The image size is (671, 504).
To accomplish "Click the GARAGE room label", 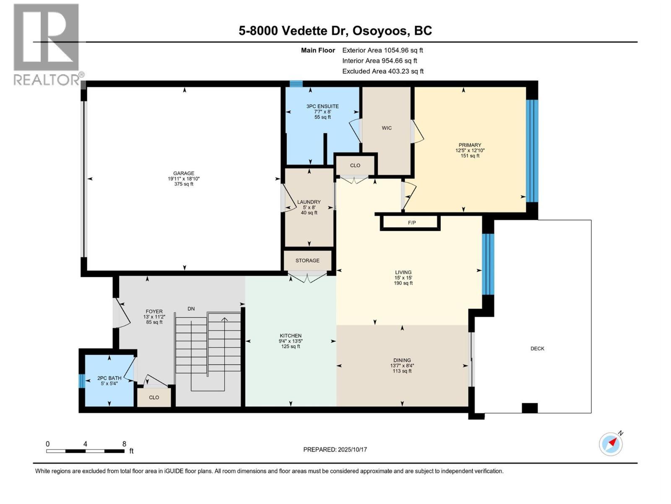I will [184, 173].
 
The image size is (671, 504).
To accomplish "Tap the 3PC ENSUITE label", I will [322, 107].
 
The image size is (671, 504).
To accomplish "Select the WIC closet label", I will [387, 128].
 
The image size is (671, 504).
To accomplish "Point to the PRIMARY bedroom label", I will [470, 145].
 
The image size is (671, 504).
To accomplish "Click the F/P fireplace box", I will [411, 223].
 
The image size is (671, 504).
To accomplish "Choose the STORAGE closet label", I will [307, 260].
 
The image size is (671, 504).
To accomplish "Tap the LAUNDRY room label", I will [309, 202].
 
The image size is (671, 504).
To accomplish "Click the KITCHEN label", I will [291, 336].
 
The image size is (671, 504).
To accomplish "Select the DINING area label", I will [402, 360].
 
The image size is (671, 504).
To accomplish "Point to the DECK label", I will [537, 349].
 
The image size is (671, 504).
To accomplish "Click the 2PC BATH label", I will [109, 378].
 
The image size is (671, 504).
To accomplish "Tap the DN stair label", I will [191, 309].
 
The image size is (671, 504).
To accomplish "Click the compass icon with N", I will [611, 444].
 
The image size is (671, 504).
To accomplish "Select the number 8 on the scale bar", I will [124, 444].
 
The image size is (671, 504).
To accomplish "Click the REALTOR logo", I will [46, 44].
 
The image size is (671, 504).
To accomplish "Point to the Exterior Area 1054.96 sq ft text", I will [382, 50].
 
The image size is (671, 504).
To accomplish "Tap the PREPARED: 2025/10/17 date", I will [335, 449].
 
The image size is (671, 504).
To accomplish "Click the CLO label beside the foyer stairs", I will [154, 397].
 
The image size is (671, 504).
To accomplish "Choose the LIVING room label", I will [403, 272].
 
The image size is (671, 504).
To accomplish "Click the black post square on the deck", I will [529, 408].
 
